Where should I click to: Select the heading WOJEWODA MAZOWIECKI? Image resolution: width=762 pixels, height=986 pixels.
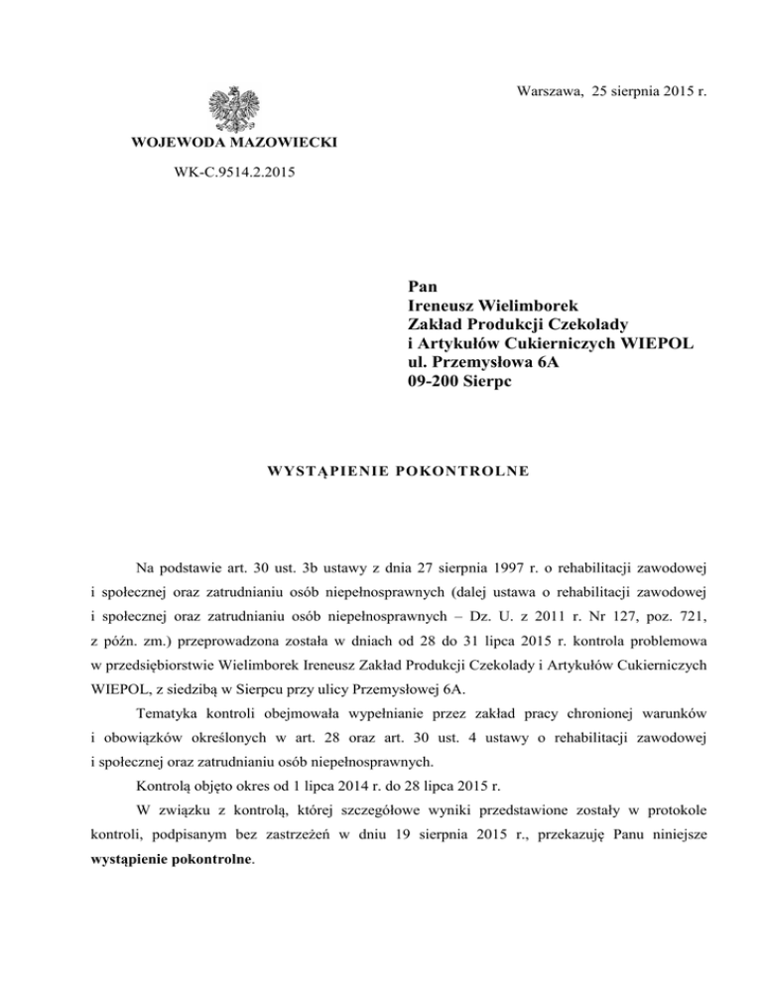tap(234, 144)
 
